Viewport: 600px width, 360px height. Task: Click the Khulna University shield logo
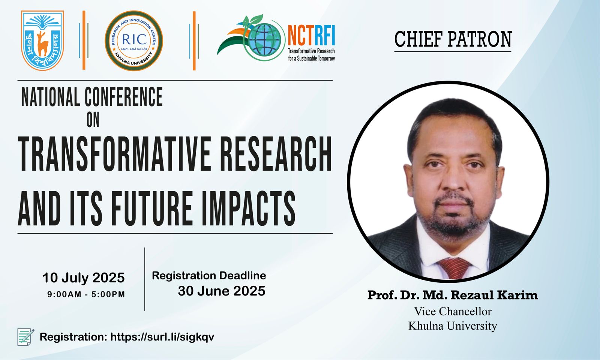(42, 40)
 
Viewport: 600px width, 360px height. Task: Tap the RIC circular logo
(133, 41)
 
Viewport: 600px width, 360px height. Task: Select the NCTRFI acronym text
(311, 35)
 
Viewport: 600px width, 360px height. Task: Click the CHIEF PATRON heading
(453, 39)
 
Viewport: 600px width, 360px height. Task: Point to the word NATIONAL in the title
(51, 97)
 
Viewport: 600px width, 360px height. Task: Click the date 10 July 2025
(83, 278)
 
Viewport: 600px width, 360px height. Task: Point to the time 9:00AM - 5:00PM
(86, 294)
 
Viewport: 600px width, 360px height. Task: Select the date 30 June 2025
(222, 291)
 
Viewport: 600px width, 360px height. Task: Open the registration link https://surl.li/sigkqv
(162, 337)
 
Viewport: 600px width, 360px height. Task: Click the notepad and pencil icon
(26, 337)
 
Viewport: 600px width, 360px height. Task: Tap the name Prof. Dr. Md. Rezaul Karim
(453, 295)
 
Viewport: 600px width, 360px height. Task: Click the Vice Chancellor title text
(453, 312)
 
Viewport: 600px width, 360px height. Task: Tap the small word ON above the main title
(93, 120)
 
